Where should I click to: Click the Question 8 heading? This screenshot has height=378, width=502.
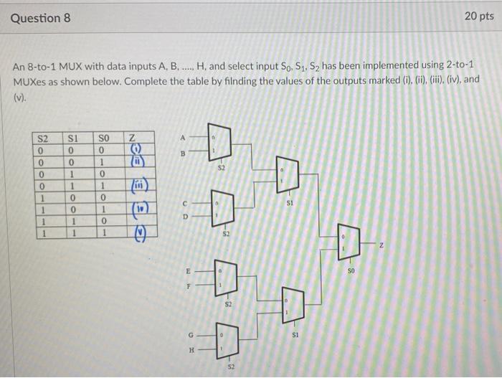tap(40, 18)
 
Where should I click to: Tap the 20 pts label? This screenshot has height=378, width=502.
tap(478, 16)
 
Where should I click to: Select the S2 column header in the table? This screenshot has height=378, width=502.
tap(44, 137)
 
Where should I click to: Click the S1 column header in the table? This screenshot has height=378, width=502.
tap(73, 137)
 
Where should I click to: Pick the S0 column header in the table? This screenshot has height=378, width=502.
tap(104, 137)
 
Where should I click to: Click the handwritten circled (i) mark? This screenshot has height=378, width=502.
tap(136, 149)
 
